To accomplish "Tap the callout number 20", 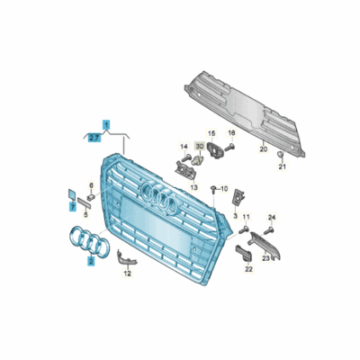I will pyautogui.click(x=263, y=149).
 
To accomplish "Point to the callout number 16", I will pyautogui.click(x=231, y=133).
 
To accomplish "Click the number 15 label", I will pyautogui.click(x=212, y=133).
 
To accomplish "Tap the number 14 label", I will pyautogui.click(x=183, y=146).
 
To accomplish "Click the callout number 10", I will pyautogui.click(x=223, y=190).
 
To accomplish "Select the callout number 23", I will pyautogui.click(x=266, y=257).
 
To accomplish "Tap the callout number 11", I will pyautogui.click(x=247, y=243).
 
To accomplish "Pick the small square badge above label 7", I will pyautogui.click(x=71, y=193).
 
